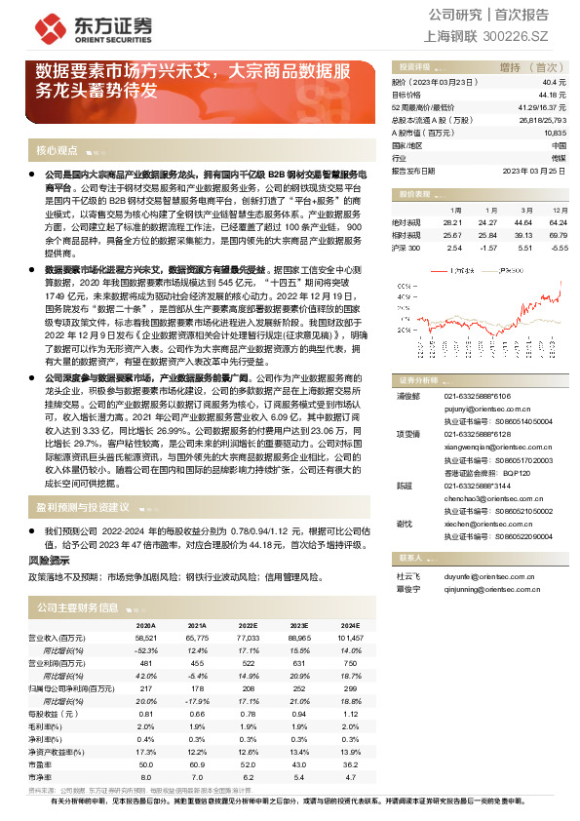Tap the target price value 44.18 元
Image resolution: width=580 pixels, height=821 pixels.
coord(552,96)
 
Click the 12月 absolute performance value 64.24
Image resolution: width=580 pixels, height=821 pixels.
coord(558,222)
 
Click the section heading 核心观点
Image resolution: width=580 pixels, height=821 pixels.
coord(57,151)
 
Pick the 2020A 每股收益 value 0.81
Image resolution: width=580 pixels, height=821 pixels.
coord(146,714)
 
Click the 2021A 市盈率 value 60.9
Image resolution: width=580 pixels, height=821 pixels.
coord(198,764)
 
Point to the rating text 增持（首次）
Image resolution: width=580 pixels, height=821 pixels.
coord(526,65)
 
